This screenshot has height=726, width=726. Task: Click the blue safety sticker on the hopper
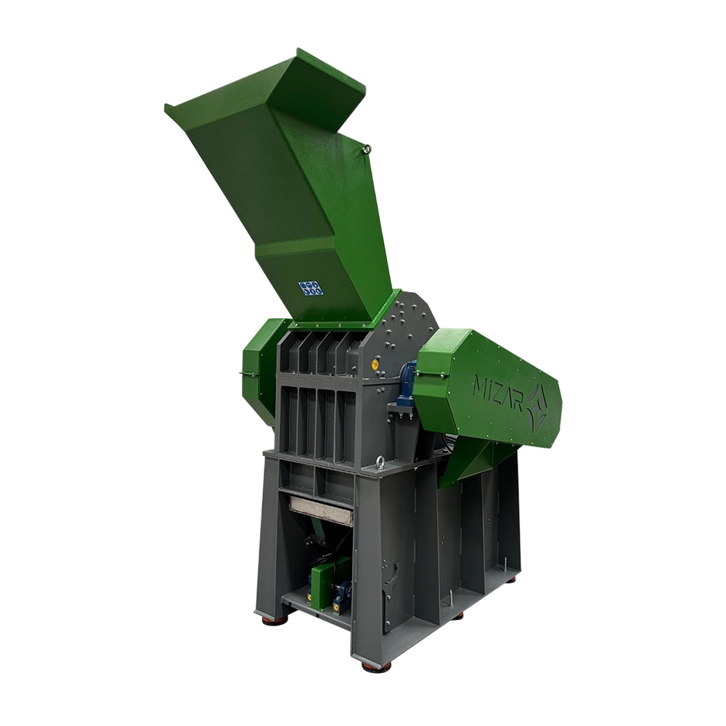point(310,287)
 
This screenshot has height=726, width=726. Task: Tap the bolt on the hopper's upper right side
point(367,148)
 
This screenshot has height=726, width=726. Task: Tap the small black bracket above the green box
point(313,541)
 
